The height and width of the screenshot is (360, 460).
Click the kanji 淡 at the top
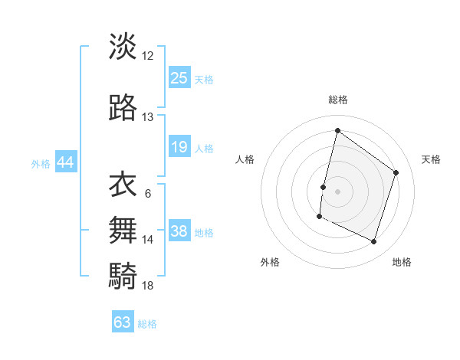coord(123,47)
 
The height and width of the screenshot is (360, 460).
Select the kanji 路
coord(123,110)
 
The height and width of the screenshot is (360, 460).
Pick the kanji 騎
coord(123,274)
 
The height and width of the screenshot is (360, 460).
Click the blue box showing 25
coord(179,77)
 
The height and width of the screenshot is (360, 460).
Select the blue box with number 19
coord(179,147)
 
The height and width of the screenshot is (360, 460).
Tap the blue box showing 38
coord(179,231)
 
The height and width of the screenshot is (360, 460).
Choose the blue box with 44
coord(65,162)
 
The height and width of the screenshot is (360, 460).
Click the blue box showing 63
coord(123,322)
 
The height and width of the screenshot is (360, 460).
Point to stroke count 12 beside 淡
coord(148,56)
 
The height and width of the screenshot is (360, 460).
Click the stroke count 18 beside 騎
coord(148,285)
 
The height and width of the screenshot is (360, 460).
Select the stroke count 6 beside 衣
coord(148,193)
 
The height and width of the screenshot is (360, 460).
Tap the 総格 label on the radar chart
coord(338,100)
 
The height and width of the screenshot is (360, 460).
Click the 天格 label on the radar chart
coord(431,159)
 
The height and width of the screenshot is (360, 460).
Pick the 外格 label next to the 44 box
coord(41,163)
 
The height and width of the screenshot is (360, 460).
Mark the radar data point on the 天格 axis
coord(396,172)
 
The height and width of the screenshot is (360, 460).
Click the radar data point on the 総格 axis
coord(337,130)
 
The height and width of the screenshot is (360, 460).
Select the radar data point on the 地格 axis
coord(374,242)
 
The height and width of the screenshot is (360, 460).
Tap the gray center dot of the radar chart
coord(337,191)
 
